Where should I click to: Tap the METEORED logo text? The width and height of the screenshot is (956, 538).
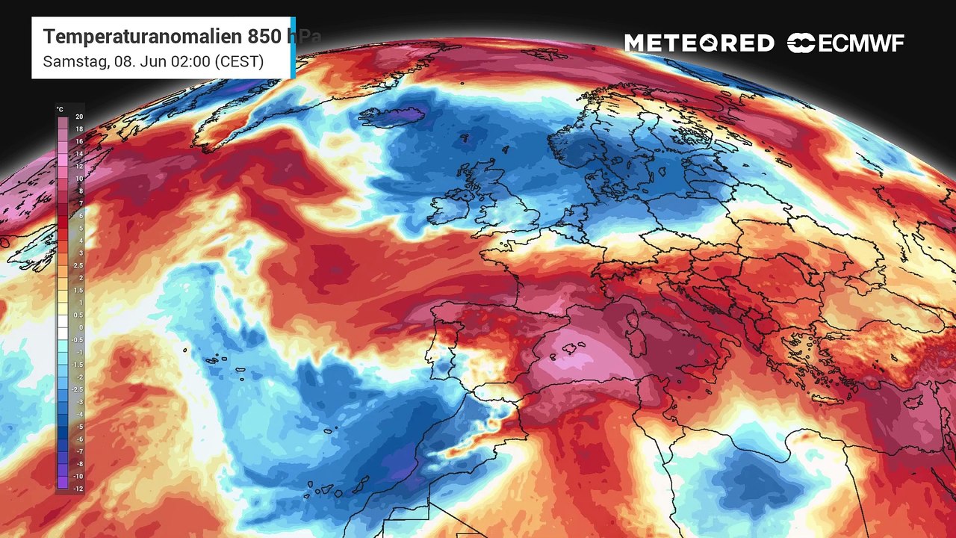[699, 43]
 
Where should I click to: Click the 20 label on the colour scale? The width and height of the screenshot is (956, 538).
[78, 117]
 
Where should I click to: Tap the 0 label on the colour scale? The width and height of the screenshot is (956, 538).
[79, 327]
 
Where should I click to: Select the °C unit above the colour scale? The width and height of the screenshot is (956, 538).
[60, 110]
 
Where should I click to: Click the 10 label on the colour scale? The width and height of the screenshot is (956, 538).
[78, 179]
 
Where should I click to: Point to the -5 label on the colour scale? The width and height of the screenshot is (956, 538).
[78, 426]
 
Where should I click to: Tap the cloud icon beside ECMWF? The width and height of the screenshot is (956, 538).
[801, 43]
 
